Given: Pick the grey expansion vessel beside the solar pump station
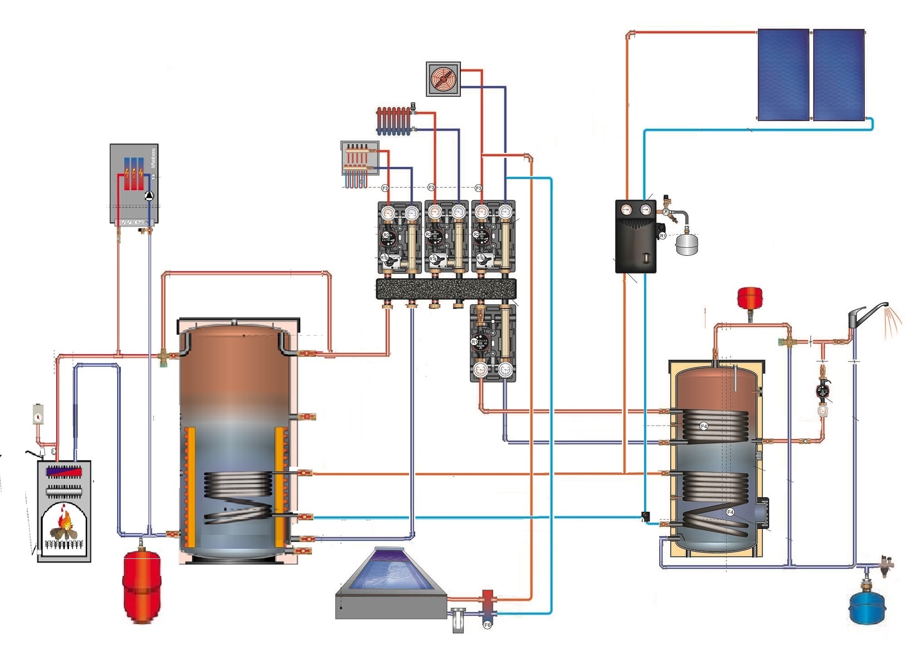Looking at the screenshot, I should tap(686, 244).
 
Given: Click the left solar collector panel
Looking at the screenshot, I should tap(783, 74).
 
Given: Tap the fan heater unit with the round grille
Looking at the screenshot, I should tap(443, 79).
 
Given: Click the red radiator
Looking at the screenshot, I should tap(394, 121).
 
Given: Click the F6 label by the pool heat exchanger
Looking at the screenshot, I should tap(487, 625).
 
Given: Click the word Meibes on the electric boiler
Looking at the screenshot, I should tap(153, 158).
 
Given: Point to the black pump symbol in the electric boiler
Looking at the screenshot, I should tap(148, 196).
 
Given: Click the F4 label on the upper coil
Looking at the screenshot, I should tap(704, 426).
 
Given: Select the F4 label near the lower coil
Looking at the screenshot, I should tap(730, 512).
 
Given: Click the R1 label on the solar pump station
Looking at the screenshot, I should tap(663, 236).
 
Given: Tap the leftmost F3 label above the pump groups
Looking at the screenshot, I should tap(385, 188).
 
